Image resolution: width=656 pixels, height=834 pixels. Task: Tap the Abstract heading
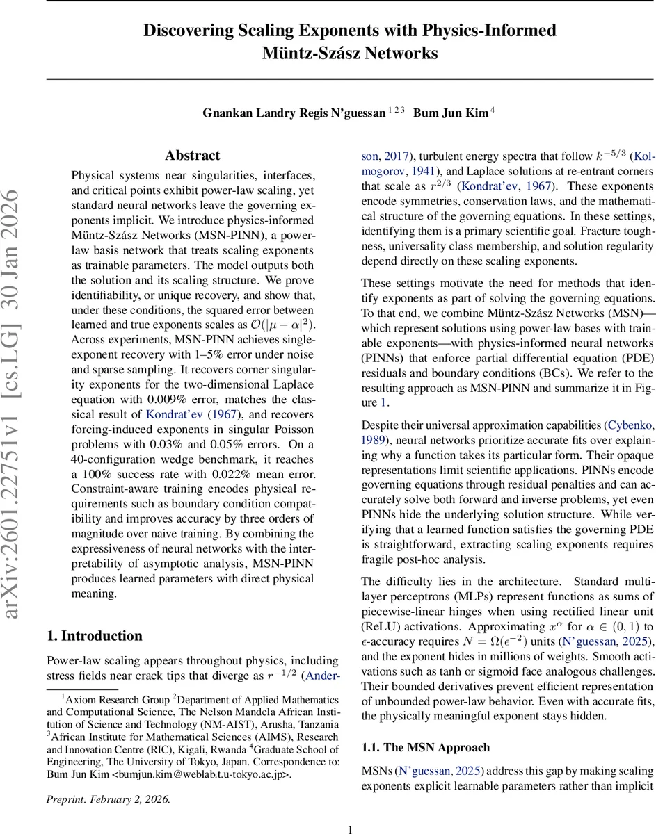click(192, 156)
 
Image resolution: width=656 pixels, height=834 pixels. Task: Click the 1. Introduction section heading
click(94, 636)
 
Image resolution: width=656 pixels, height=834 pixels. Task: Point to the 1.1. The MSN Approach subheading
click(426, 748)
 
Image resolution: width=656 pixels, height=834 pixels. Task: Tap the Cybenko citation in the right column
click(630, 424)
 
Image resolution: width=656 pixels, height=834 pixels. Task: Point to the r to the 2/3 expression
click(433, 186)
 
